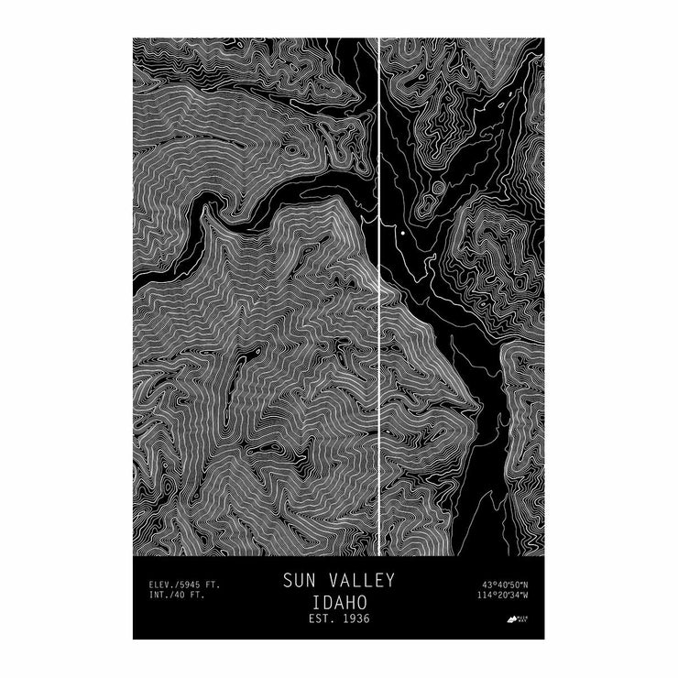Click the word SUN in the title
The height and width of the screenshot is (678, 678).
click(298, 581)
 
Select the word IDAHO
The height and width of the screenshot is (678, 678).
click(338, 603)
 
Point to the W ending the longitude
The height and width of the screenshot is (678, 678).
click(526, 596)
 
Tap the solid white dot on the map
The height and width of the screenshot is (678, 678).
click(402, 234)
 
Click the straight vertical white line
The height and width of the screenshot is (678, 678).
click(379, 366)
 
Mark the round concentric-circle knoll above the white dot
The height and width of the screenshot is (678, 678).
click(437, 189)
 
